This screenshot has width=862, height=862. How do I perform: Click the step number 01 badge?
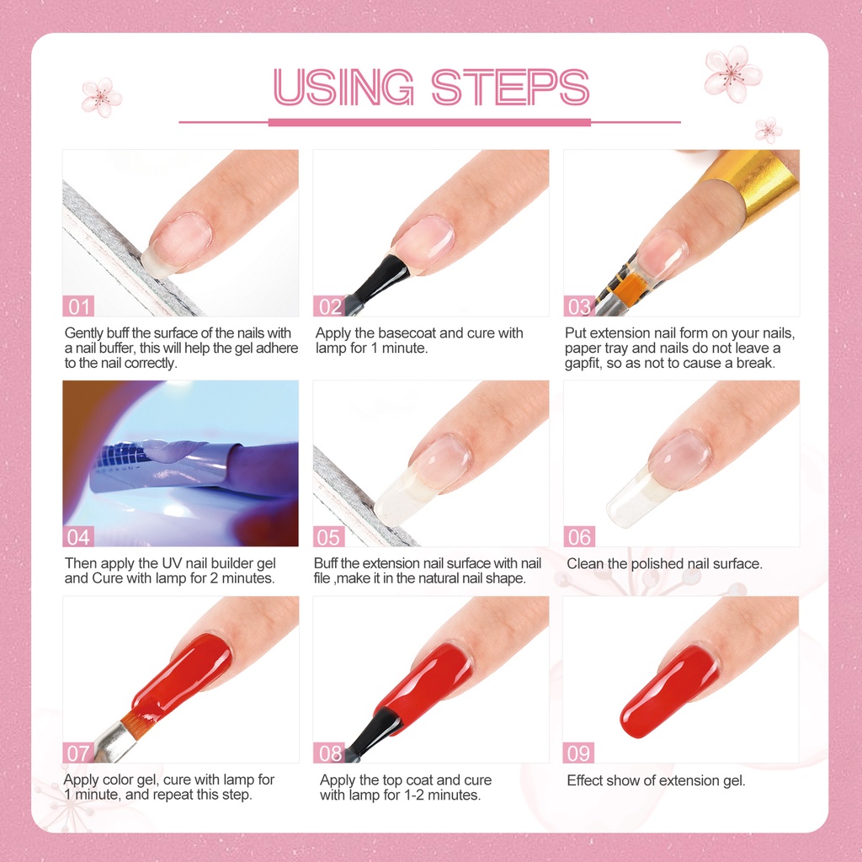click(x=78, y=306)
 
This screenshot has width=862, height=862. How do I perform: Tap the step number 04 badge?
click(x=78, y=536)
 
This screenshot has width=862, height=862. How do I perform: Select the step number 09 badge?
click(x=578, y=753)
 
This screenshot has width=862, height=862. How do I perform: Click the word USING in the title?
click(x=345, y=87)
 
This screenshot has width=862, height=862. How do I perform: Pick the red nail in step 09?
click(x=669, y=690)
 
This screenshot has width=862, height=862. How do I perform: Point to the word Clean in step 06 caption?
click(x=586, y=564)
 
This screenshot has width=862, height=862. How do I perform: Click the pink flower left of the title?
click(x=101, y=96)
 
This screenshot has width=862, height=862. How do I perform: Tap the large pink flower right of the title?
click(x=732, y=74)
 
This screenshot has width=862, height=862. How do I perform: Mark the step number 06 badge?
click(x=579, y=536)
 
